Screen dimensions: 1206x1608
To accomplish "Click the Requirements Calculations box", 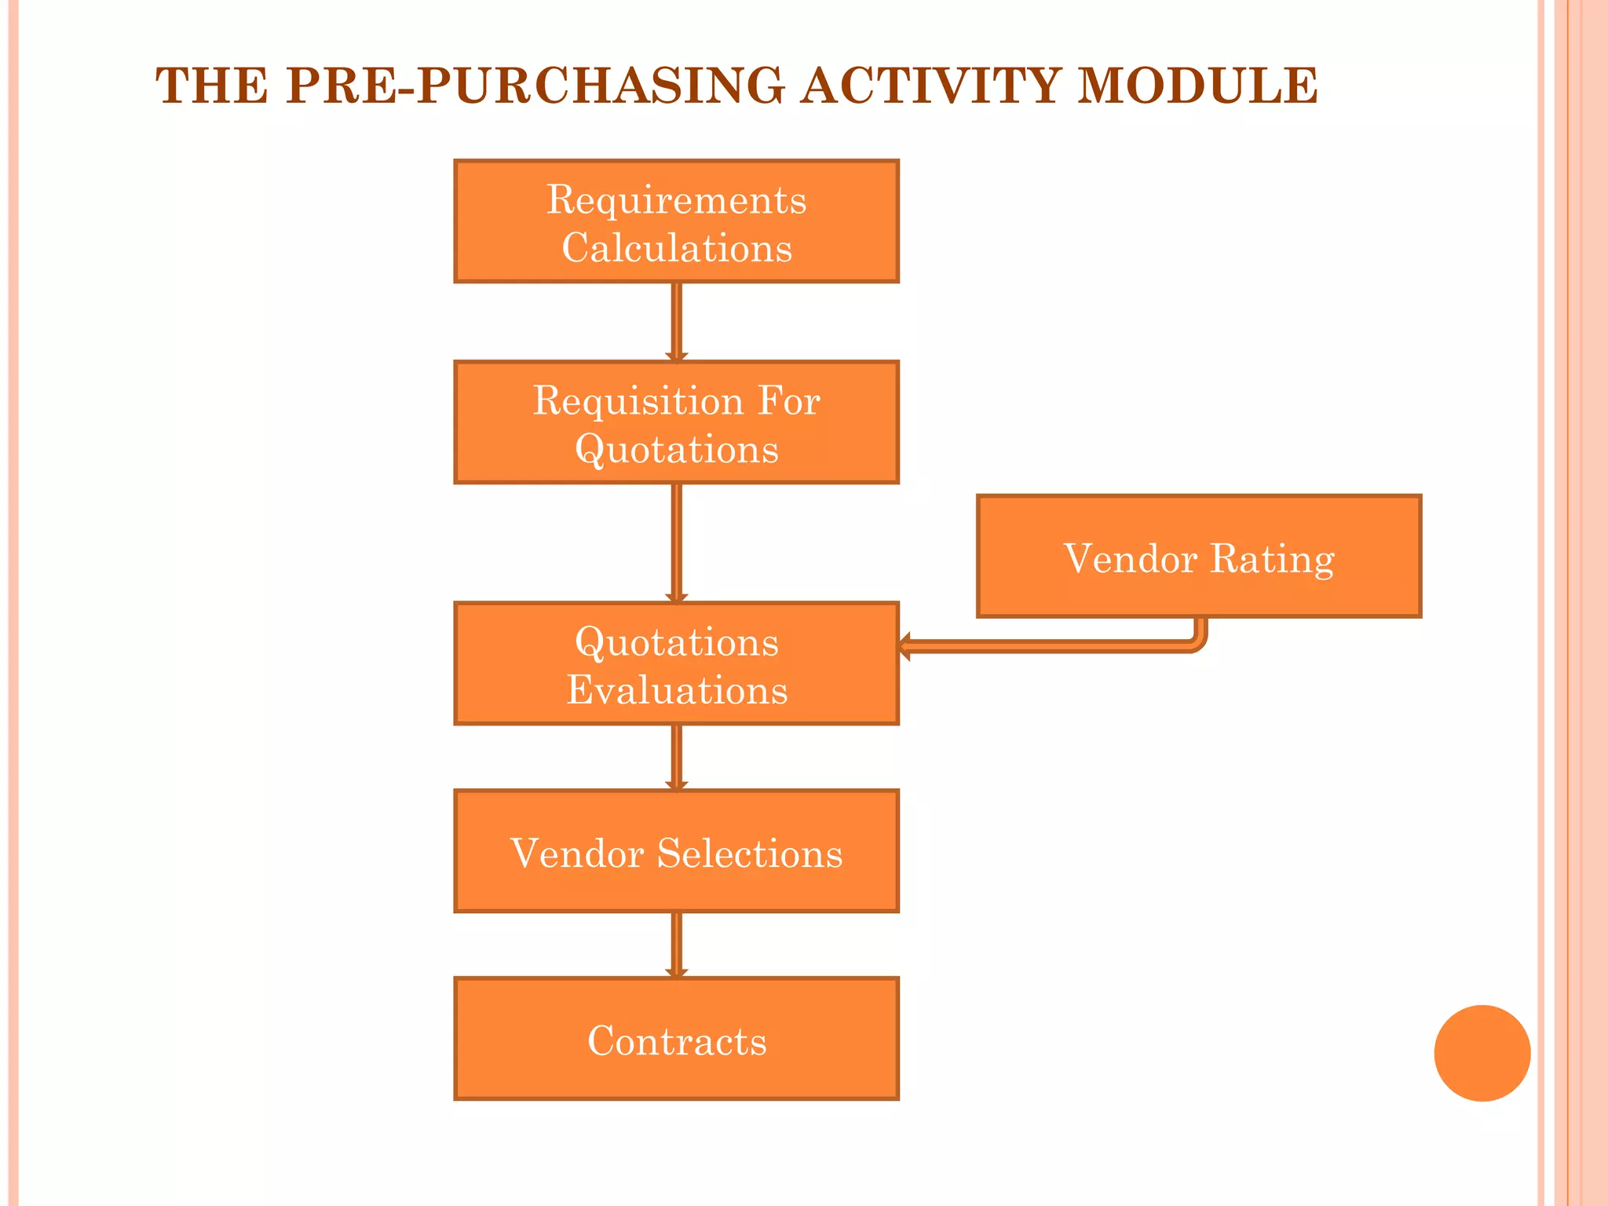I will click(x=676, y=221).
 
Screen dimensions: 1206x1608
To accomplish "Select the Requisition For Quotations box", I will click(x=676, y=422).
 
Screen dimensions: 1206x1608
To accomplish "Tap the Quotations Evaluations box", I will click(x=676, y=663).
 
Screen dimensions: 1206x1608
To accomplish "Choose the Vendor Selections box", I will click(x=676, y=851).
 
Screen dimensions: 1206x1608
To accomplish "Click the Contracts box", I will click(x=676, y=1039).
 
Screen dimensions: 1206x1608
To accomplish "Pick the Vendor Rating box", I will click(x=1199, y=556).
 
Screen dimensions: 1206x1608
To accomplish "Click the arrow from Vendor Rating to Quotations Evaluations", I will click(x=1052, y=646).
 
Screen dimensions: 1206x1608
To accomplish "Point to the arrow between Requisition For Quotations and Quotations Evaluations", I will click(x=677, y=542).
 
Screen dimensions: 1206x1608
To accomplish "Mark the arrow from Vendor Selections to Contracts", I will click(x=677, y=945).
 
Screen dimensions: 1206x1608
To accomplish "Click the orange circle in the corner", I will click(x=1482, y=1053).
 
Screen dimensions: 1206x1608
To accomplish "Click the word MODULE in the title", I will click(x=1197, y=86).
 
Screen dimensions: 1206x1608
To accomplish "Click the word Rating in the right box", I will click(x=1272, y=560).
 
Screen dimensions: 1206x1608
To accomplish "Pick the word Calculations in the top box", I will click(x=677, y=248).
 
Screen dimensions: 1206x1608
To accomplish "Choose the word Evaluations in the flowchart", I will click(x=677, y=690).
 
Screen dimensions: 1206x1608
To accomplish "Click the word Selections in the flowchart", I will click(x=749, y=853).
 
